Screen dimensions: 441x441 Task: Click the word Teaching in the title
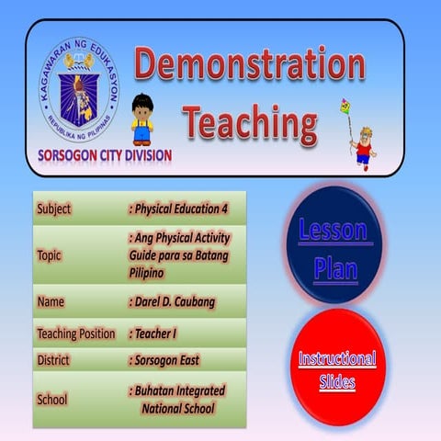pyautogui.click(x=249, y=119)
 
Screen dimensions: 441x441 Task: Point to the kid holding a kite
pyautogui.click(x=361, y=138)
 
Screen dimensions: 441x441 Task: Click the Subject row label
pyautogui.click(x=54, y=209)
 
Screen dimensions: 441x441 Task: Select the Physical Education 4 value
pyautogui.click(x=179, y=209)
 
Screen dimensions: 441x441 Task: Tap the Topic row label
pyautogui.click(x=50, y=254)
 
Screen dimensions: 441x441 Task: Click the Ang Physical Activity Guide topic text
pyautogui.click(x=179, y=254)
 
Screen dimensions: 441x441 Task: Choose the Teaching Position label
pyautogui.click(x=76, y=334)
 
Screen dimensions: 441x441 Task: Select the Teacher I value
pyautogui.click(x=159, y=334)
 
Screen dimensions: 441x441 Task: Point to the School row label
pyautogui.click(x=52, y=400)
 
